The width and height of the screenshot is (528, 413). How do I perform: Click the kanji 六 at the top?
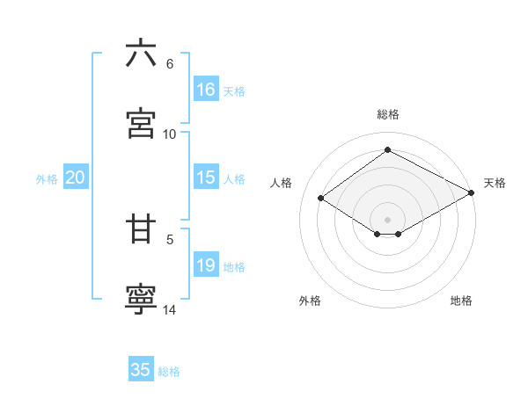pyautogui.click(x=141, y=54)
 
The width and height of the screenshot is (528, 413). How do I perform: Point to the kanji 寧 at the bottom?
pyautogui.click(x=141, y=299)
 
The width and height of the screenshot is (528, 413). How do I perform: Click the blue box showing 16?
pyautogui.click(x=206, y=90)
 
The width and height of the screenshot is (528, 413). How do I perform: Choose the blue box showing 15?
pyautogui.click(x=206, y=178)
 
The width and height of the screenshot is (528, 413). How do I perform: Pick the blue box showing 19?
pyautogui.click(x=206, y=265)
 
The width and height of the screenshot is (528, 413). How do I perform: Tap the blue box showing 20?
pyautogui.click(x=76, y=178)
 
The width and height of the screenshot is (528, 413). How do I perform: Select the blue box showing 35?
pyautogui.click(x=141, y=370)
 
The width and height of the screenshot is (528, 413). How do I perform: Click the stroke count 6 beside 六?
pyautogui.click(x=170, y=64)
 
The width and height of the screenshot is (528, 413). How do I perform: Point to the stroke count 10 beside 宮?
pyautogui.click(x=170, y=134)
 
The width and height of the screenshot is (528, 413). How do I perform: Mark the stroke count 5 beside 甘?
pyautogui.click(x=170, y=238)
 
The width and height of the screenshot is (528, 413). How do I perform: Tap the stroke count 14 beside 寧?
pyautogui.click(x=170, y=309)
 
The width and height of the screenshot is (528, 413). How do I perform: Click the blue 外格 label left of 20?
pyautogui.click(x=47, y=179)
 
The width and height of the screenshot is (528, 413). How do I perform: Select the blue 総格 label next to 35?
pyautogui.click(x=169, y=372)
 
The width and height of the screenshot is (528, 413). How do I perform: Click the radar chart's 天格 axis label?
pyautogui.click(x=495, y=183)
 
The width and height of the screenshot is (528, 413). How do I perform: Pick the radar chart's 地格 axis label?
pyautogui.click(x=461, y=301)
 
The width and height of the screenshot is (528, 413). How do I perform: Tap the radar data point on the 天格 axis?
pyautogui.click(x=473, y=194)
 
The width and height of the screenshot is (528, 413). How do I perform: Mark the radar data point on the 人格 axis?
pyautogui.click(x=321, y=199)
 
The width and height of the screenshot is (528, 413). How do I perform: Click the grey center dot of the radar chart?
pyautogui.click(x=387, y=219)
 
